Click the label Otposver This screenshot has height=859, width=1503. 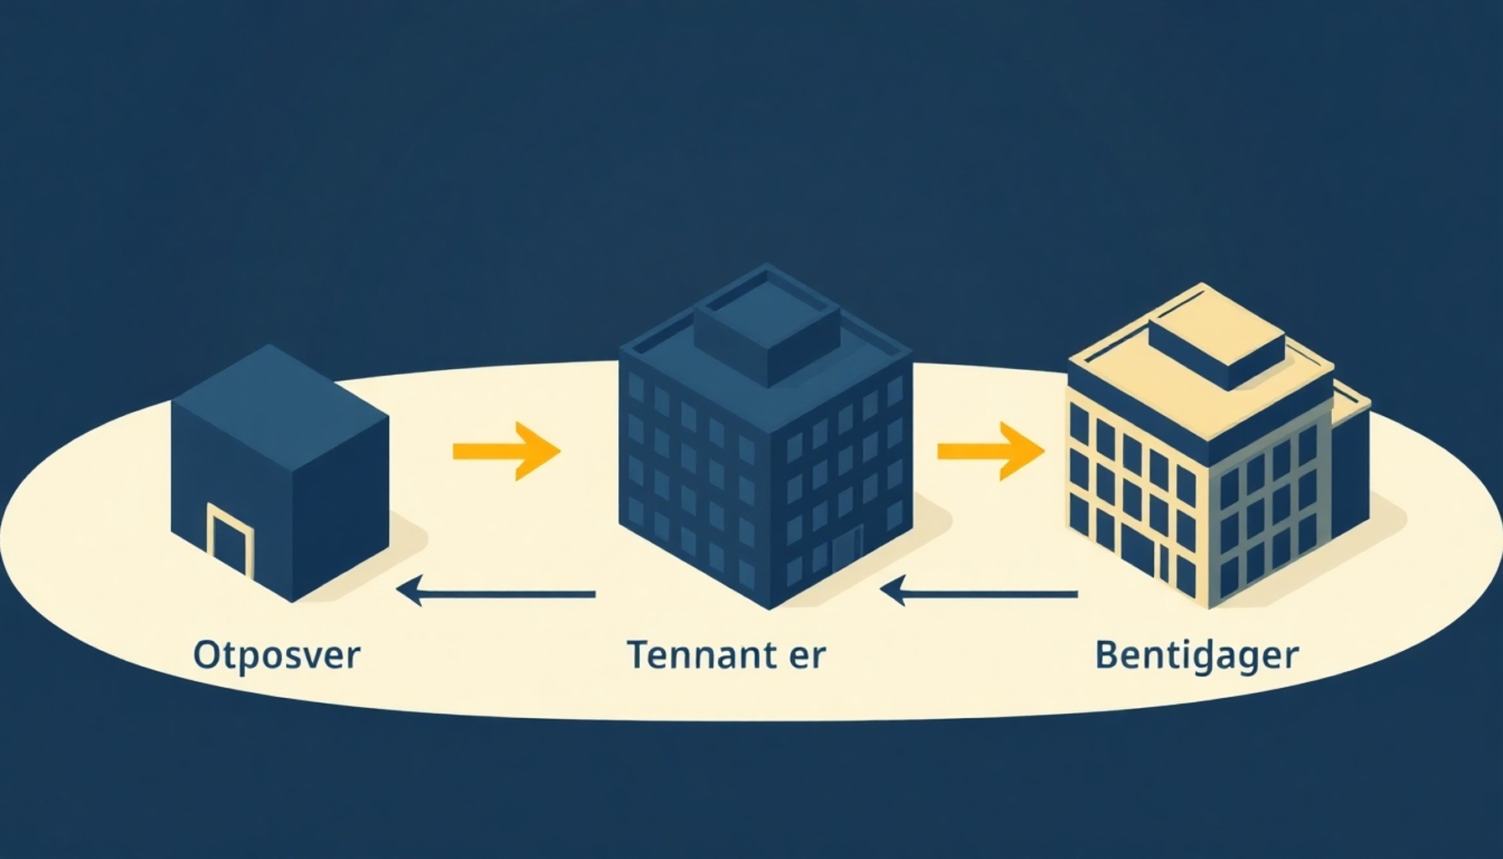(276, 655)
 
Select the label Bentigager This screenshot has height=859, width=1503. (1197, 656)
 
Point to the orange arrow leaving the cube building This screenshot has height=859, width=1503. (506, 451)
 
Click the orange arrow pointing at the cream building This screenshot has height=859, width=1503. (991, 451)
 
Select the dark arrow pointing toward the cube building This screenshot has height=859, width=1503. (497, 594)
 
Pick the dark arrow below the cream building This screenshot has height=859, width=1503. (980, 594)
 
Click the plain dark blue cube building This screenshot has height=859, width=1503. (280, 473)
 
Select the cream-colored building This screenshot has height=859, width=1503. (1220, 445)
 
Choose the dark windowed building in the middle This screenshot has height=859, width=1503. (765, 436)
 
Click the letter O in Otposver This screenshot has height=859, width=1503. (205, 655)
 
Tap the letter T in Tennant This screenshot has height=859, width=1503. (639, 654)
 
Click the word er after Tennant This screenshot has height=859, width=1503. (809, 659)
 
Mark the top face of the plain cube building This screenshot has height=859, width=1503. (280, 390)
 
